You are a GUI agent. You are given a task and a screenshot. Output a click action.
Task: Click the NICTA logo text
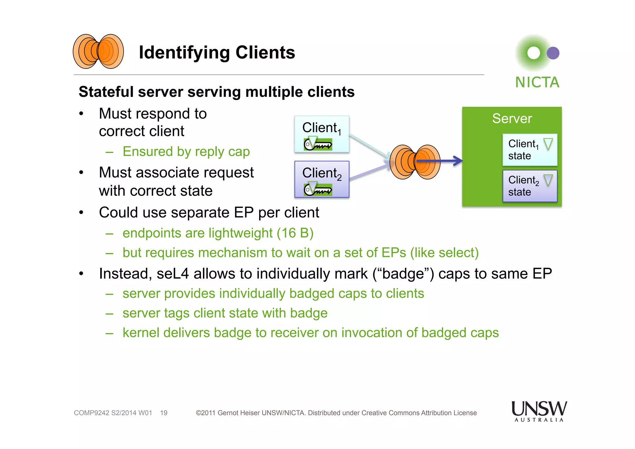tap(537, 83)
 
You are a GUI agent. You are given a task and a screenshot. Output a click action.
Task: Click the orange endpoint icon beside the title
tap(98, 52)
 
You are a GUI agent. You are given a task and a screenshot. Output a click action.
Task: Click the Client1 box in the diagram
tap(322, 134)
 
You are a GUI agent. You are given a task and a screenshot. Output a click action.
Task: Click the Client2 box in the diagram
tap(322, 179)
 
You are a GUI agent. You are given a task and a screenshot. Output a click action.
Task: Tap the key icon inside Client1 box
tap(318, 144)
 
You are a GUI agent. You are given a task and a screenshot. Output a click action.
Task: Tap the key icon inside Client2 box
tap(318, 189)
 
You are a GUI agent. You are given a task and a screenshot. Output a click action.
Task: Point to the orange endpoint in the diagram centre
tap(415, 162)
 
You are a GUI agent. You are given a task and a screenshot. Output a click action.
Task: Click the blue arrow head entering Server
tap(458, 161)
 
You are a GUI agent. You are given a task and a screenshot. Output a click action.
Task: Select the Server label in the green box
tap(512, 119)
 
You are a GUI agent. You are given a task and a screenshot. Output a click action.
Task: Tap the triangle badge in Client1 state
tap(548, 144)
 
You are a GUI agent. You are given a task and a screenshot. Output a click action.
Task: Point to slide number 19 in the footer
tap(164, 413)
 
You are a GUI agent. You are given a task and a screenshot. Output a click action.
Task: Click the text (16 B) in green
tap(295, 233)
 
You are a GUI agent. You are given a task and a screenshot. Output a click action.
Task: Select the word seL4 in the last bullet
tap(172, 274)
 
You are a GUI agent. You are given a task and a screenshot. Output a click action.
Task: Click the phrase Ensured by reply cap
tap(186, 152)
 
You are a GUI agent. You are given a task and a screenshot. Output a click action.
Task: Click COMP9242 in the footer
tap(91, 413)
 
